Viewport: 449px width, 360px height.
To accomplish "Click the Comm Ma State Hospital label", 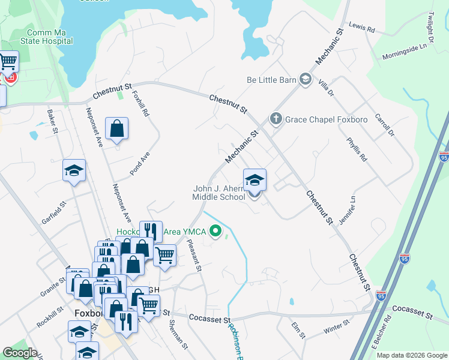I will tap(50, 37).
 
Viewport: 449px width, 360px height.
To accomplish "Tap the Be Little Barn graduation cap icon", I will tap(306, 79).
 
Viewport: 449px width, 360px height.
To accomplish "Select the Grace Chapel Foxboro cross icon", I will tap(276, 118).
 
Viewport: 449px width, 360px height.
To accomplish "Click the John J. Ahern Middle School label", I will tap(218, 193).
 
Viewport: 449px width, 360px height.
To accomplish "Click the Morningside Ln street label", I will tap(408, 52).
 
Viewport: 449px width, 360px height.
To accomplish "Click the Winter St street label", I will tap(336, 328).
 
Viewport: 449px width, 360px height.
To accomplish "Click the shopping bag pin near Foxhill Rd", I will tap(116, 128).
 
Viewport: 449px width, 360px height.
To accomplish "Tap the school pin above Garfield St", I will tap(74, 171).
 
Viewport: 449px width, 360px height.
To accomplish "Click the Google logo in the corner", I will tap(20, 353).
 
